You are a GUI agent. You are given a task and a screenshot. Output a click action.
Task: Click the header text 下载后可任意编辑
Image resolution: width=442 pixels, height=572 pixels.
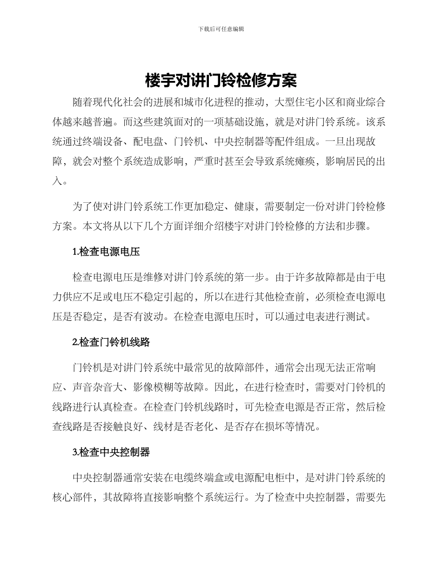[221, 29]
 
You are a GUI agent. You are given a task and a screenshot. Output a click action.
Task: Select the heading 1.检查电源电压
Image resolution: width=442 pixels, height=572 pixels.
[106, 252]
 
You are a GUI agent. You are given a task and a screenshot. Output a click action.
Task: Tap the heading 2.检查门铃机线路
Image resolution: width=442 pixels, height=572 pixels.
[111, 342]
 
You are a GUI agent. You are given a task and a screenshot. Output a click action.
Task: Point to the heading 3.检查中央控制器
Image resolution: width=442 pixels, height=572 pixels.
[111, 452]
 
